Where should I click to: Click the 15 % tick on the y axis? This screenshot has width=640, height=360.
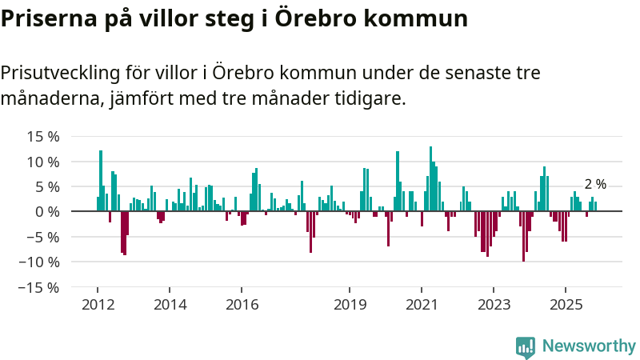point(43,136)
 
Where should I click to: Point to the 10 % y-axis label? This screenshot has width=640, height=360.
point(43,162)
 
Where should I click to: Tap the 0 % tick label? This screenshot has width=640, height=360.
point(47,211)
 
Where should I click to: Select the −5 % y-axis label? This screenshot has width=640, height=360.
point(43,237)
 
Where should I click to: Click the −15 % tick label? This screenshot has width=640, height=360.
point(40,287)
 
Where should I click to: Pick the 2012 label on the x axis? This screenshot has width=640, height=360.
point(98,305)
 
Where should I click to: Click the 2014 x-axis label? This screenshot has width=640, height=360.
point(170,305)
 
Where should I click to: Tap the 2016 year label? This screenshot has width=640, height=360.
point(242,305)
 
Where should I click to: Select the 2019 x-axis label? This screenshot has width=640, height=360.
point(350,305)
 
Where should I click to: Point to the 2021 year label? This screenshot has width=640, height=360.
point(422,305)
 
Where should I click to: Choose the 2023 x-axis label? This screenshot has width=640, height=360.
point(494,305)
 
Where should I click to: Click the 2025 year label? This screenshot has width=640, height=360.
point(566,305)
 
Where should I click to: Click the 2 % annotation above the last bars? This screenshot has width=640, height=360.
point(595,184)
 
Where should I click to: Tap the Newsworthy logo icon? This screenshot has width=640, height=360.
point(526,347)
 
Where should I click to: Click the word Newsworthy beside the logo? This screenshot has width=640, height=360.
point(589,346)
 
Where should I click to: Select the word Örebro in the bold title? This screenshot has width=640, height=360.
point(313,18)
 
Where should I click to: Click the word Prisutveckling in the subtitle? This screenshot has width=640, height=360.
point(59,73)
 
